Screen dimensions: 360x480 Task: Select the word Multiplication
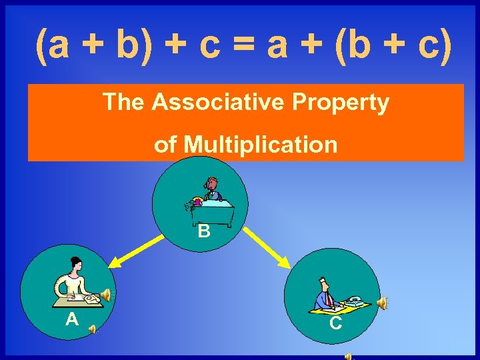[262, 144]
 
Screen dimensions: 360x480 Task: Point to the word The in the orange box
[124, 103]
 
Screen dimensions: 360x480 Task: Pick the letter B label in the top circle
[204, 232]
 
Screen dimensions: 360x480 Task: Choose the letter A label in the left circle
[73, 319]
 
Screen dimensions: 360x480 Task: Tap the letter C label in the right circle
[337, 323]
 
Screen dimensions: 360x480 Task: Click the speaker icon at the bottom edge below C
[349, 356]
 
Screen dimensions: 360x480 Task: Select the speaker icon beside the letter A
[93, 327]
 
